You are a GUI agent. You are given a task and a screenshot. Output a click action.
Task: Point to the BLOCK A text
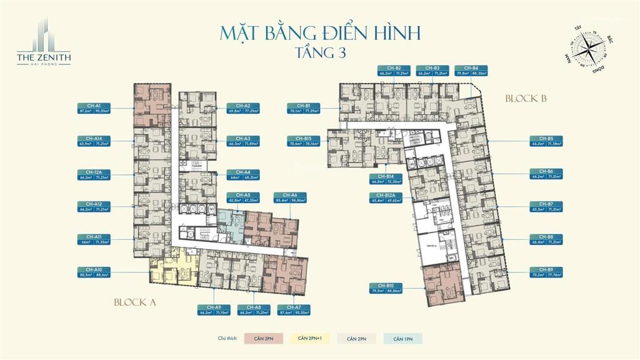point(134,302)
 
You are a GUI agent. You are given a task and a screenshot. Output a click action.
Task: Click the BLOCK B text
point(526,98)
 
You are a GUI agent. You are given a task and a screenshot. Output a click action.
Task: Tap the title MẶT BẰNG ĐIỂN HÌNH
point(319,32)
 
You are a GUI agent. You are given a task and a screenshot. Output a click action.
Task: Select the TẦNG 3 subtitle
point(319,52)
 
